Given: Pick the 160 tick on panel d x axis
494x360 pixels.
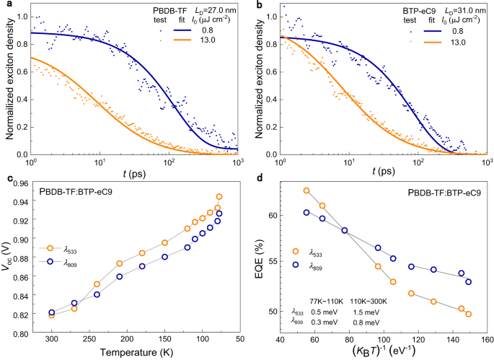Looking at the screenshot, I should tap(487, 339).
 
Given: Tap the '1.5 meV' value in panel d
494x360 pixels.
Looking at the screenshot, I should tap(365, 312).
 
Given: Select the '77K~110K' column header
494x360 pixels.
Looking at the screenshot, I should tap(324, 302).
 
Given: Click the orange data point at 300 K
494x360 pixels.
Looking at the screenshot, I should tap(52, 315).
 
